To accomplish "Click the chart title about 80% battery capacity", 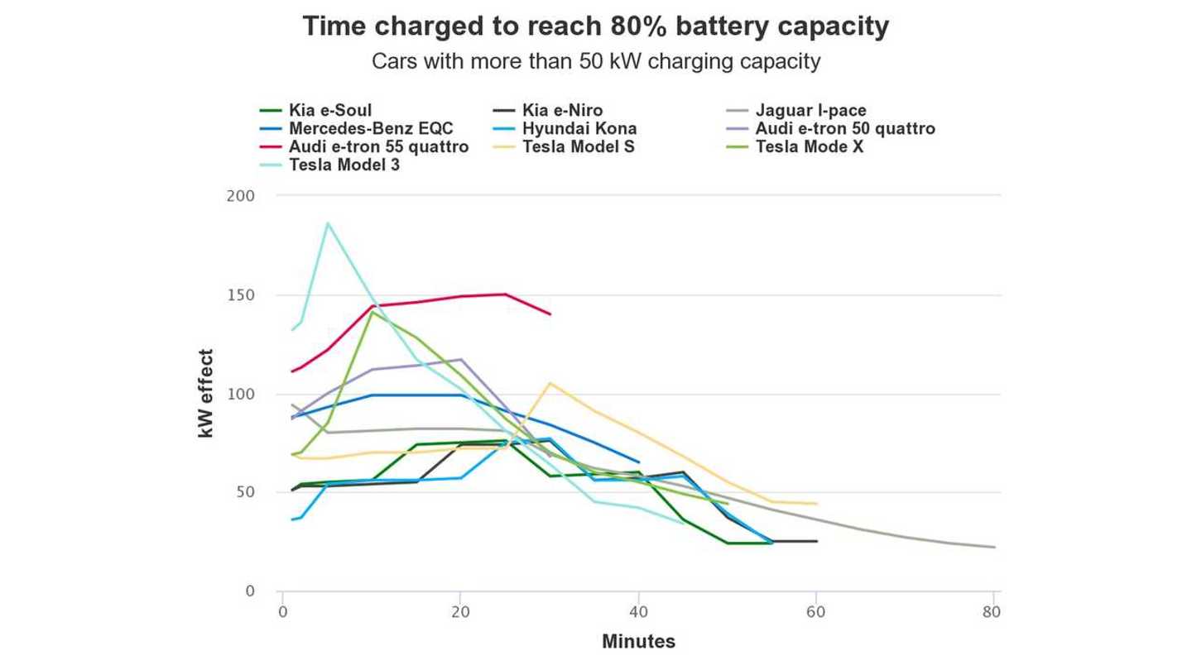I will [x=595, y=26].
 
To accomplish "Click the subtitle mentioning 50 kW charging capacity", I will [x=595, y=61].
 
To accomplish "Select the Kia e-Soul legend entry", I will [x=329, y=110].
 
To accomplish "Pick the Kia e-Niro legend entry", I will [x=562, y=110].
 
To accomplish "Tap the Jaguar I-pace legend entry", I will [x=810, y=110].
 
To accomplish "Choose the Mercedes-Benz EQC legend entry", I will [x=371, y=128].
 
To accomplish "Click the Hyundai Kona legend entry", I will [x=579, y=128].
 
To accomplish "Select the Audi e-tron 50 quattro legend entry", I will [x=844, y=128].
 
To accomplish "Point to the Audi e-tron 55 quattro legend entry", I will [x=378, y=146].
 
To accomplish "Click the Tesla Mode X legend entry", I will [x=809, y=146].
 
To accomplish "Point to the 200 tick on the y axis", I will [x=240, y=196].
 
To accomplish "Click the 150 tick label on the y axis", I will [x=240, y=295].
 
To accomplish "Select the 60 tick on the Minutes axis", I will [x=817, y=613].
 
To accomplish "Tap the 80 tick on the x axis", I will [x=992, y=613].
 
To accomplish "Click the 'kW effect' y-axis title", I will [x=206, y=394].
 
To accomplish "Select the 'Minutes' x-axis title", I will [x=638, y=641].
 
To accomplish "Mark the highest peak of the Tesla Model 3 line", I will [x=328, y=223].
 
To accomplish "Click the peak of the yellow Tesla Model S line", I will [x=550, y=383].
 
